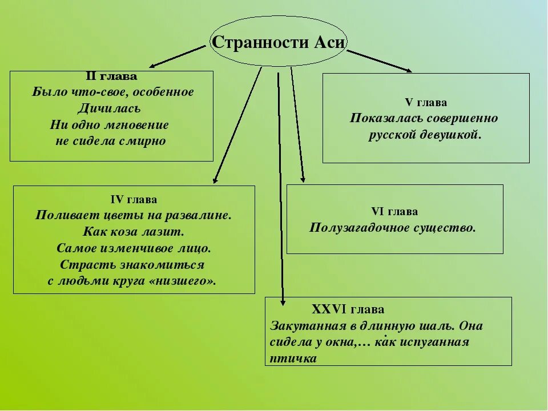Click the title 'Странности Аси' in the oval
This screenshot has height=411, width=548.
click(278, 43)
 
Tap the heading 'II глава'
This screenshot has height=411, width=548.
click(111, 76)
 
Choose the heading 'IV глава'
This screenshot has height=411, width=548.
click(134, 200)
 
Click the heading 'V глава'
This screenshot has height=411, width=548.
click(426, 103)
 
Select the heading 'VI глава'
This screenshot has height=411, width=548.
click(395, 212)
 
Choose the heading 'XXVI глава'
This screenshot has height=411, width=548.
click(348, 310)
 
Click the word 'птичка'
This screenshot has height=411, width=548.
click(293, 358)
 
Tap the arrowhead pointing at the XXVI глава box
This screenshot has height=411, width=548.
click(283, 302)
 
